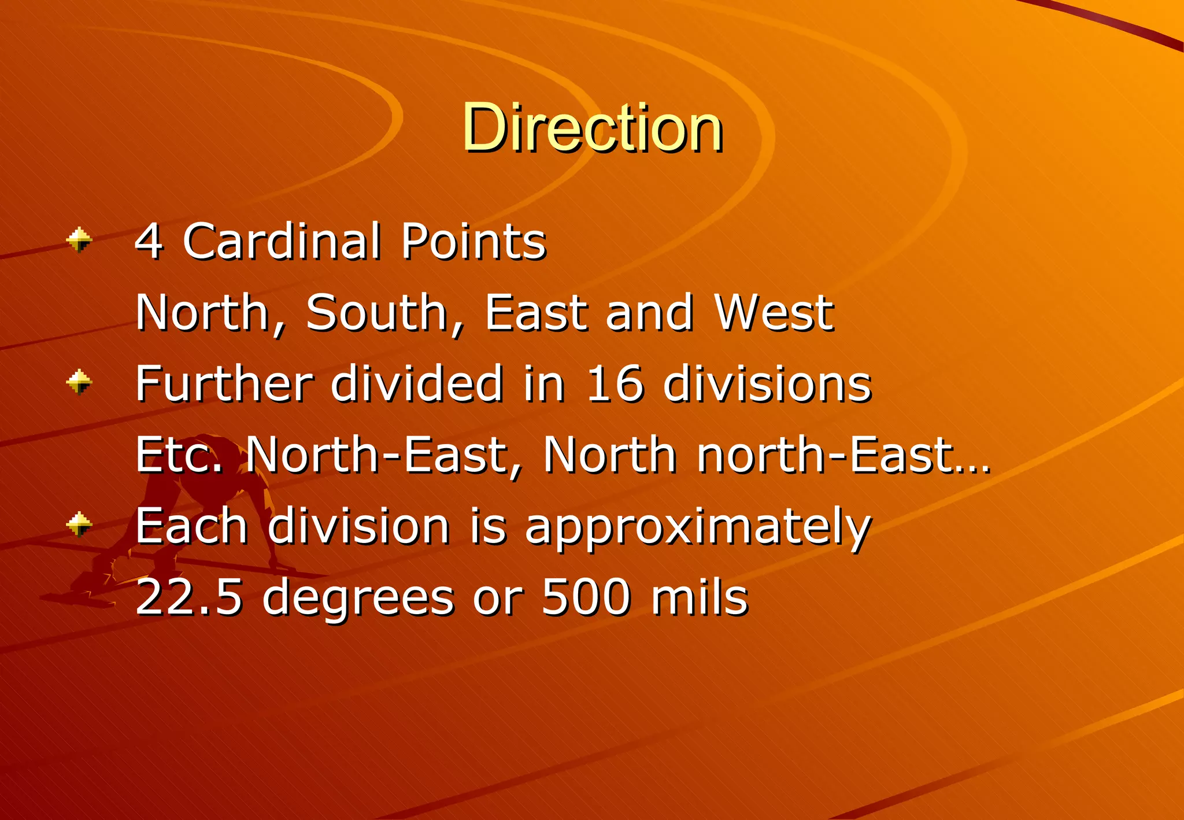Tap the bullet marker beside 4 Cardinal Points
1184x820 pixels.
pyautogui.click(x=79, y=239)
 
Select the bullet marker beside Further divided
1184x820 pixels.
pyautogui.click(x=79, y=382)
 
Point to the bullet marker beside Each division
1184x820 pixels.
pyautogui.click(x=79, y=524)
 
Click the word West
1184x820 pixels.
pyautogui.click(x=774, y=313)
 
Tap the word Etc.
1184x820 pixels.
pyautogui.click(x=179, y=455)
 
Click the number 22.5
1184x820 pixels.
pyautogui.click(x=188, y=597)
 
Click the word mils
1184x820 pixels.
pyautogui.click(x=700, y=597)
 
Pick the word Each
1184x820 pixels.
pyautogui.click(x=191, y=526)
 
